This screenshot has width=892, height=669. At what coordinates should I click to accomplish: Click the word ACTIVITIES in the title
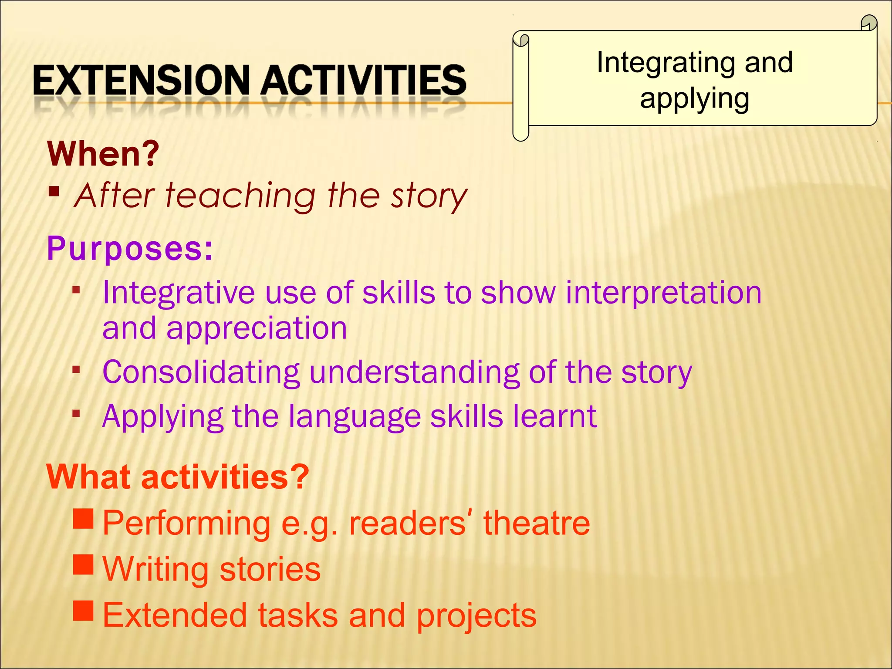(x=364, y=80)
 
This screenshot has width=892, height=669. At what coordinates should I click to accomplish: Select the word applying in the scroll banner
(x=694, y=99)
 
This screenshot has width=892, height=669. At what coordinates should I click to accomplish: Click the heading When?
(x=104, y=154)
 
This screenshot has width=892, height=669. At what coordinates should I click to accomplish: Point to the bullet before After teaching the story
(x=54, y=192)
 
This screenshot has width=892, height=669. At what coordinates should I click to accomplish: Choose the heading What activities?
(x=178, y=477)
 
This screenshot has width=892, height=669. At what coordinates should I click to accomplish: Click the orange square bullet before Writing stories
(x=84, y=565)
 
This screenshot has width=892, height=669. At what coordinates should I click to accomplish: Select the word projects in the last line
(x=476, y=615)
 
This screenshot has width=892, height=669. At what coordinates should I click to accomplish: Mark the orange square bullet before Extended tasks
(x=84, y=611)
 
